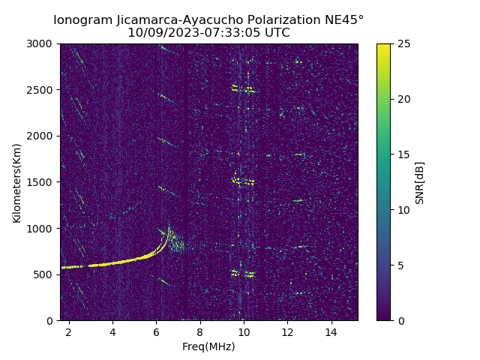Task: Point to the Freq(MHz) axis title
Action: coord(208,346)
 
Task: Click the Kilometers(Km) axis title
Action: coord(17,182)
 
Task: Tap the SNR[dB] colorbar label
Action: coord(420,182)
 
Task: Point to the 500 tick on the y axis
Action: coord(45,274)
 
